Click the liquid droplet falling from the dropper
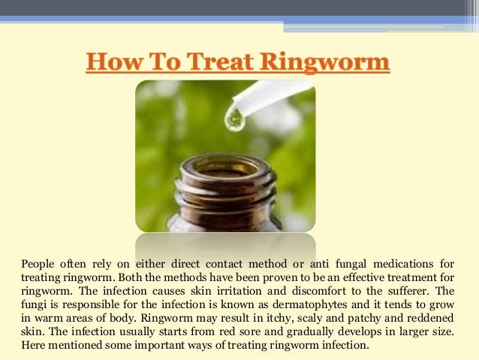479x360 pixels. (236, 119)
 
